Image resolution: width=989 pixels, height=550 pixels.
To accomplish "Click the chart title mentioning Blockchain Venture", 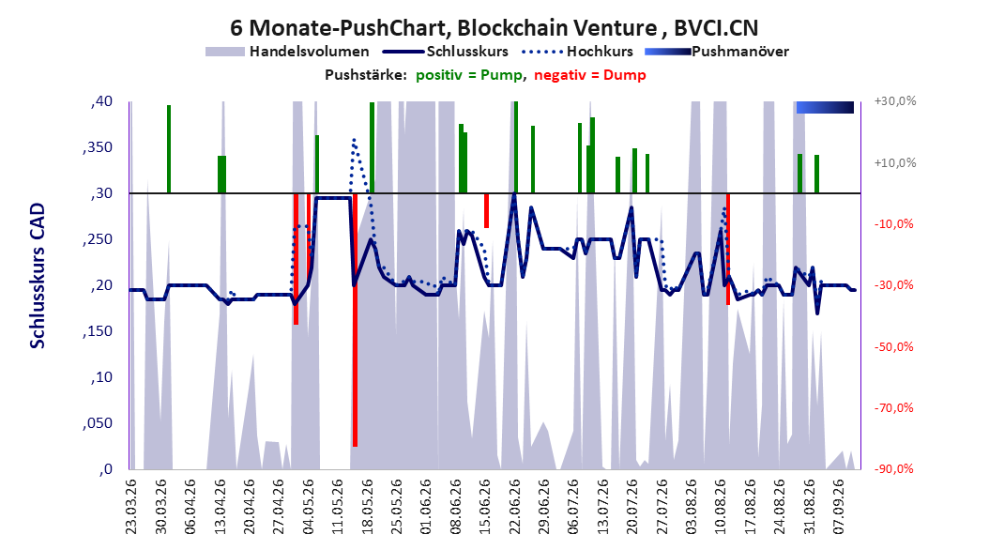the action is [494, 28].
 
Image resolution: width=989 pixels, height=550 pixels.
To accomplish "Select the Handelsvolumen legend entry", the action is [288, 52].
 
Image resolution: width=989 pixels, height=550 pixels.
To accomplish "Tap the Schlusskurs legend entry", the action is [447, 52].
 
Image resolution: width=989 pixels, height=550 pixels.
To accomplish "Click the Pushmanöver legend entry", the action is [717, 52].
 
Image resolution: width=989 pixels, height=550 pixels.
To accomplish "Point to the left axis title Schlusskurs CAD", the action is [38, 276].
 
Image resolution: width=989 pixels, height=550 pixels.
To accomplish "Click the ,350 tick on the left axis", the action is [98, 147].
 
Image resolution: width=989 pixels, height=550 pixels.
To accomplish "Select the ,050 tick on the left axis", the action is [98, 423].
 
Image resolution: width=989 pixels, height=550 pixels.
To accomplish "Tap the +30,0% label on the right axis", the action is [895, 101].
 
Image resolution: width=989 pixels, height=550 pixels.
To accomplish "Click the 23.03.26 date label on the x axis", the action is [131, 507].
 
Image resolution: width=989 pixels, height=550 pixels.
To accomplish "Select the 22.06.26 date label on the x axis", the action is [515, 507].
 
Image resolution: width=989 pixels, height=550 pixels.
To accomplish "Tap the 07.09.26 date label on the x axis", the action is [839, 507].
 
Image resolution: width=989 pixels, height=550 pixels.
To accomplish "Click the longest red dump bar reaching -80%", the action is [355, 320].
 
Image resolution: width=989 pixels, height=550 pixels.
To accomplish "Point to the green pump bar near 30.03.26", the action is [169, 149].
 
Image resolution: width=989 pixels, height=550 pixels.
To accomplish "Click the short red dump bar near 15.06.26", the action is [486, 210].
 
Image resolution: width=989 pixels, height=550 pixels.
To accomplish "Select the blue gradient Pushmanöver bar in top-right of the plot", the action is [825, 107].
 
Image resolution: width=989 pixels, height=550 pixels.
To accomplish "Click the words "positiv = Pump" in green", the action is [469, 75].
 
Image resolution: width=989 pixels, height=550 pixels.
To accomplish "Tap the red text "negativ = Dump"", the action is [590, 75].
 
